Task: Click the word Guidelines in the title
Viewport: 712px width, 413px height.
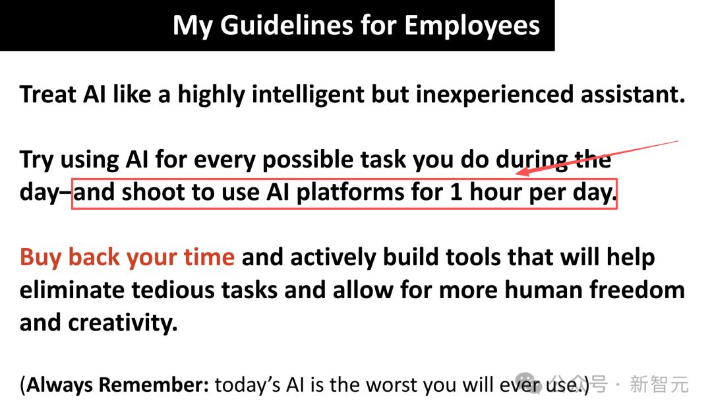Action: coord(287,26)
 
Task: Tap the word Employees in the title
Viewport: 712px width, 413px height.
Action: coord(472,26)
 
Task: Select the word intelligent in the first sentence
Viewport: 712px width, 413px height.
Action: coord(309,95)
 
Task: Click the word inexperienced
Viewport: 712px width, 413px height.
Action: coord(495,95)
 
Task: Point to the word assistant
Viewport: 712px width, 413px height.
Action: coord(632,94)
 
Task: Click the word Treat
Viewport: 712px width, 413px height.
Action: coord(47,94)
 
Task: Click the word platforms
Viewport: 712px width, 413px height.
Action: coord(350,193)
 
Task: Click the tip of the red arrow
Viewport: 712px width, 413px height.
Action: coord(517,174)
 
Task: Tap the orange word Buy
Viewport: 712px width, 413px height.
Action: coord(40,257)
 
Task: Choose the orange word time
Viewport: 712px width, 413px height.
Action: coord(209,257)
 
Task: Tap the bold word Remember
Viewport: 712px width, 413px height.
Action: coord(154,385)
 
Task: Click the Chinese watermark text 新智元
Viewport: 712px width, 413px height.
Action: coord(659,385)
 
